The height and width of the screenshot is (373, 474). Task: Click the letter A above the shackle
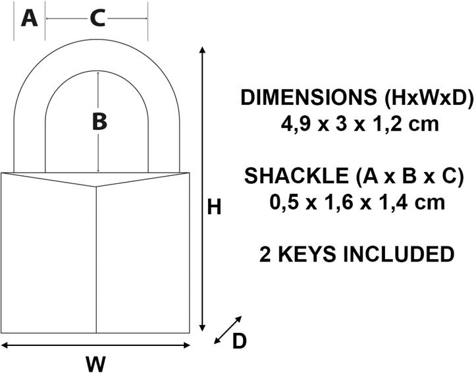30,18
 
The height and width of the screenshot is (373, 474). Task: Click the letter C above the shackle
97,18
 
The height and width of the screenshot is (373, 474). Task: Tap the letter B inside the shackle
99,122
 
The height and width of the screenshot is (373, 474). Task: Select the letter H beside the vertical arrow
214,207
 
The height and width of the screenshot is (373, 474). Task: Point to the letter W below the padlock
95,364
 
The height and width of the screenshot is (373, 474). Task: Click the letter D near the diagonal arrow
239,341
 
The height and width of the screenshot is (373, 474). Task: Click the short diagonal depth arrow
228,330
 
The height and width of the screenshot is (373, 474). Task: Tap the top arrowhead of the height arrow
203,50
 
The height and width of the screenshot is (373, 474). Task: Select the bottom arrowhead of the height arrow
203,328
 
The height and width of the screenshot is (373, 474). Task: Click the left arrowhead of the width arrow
5,345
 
